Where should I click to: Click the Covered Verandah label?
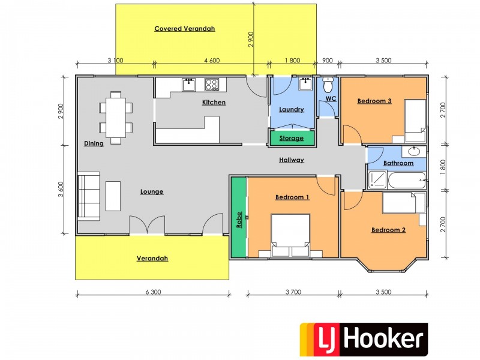pos(184,28)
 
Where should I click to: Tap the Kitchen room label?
pos(214,103)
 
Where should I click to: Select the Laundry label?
pos(292,109)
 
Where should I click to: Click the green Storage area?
pos(292,138)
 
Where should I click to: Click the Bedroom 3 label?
pos(374,101)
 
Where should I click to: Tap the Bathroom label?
pos(398,163)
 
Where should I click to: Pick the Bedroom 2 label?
pos(389,230)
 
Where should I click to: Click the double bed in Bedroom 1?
pos(291,235)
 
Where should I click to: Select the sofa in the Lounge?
pos(89,196)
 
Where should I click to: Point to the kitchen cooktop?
pos(212,84)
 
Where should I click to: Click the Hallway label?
pos(292,160)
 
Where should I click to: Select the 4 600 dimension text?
pos(212,60)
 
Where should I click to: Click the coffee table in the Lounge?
pos(113,196)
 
